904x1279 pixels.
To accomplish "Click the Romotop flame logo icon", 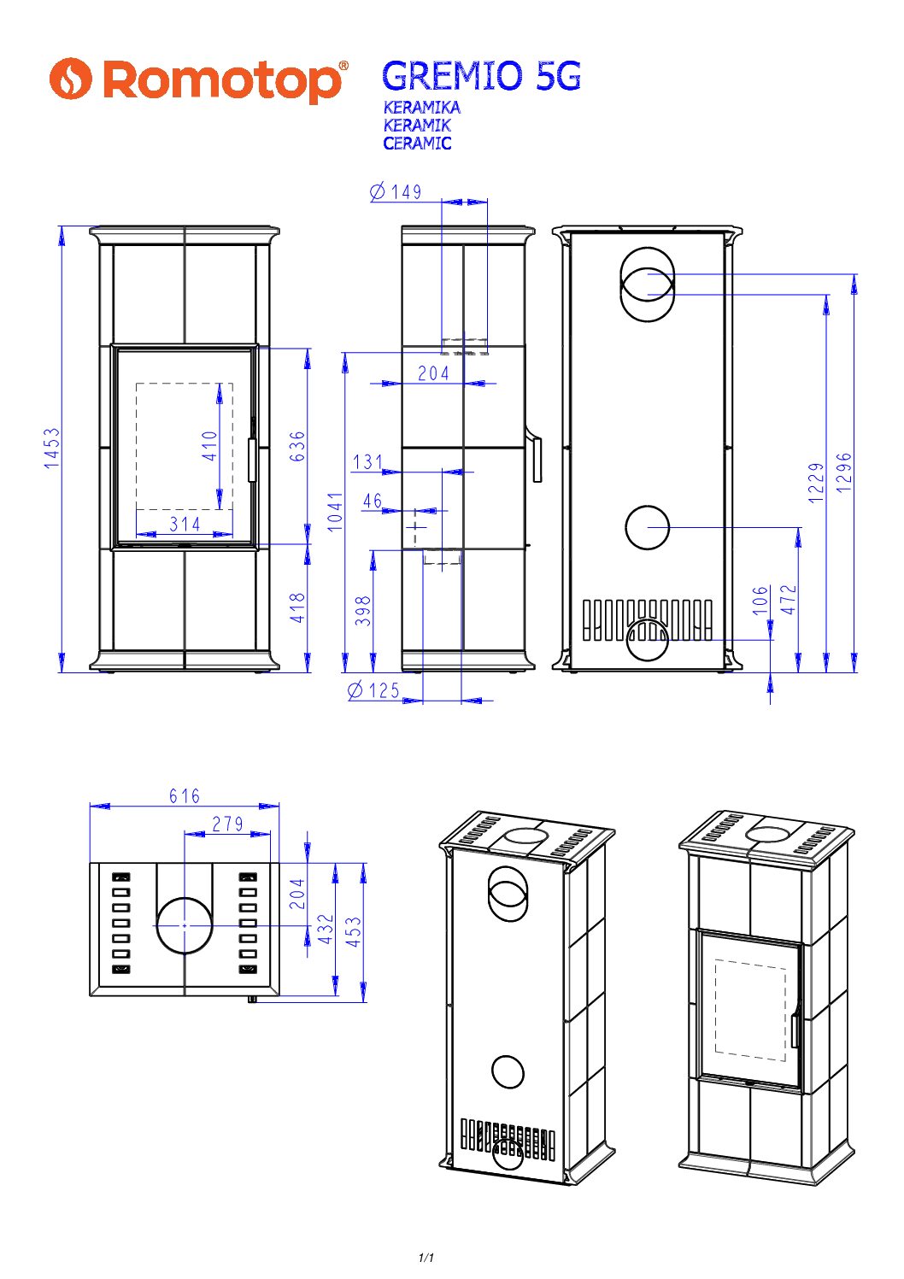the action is pyautogui.click(x=71, y=79).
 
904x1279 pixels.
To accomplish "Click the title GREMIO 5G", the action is pyautogui.click(x=481, y=77).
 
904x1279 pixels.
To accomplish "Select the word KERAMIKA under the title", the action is pyautogui.click(x=421, y=108).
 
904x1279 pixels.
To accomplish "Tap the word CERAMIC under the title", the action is pyautogui.click(x=417, y=144).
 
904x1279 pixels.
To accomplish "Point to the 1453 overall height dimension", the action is pyautogui.click(x=52, y=449).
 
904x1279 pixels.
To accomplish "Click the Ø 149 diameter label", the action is pyautogui.click(x=396, y=192).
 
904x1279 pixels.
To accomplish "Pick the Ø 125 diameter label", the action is pyautogui.click(x=373, y=690).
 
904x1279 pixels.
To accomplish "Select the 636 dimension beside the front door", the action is pyautogui.click(x=297, y=446).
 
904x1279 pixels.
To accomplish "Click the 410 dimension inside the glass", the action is pyautogui.click(x=209, y=446).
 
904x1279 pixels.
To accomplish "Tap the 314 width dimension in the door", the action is pyautogui.click(x=185, y=524).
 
